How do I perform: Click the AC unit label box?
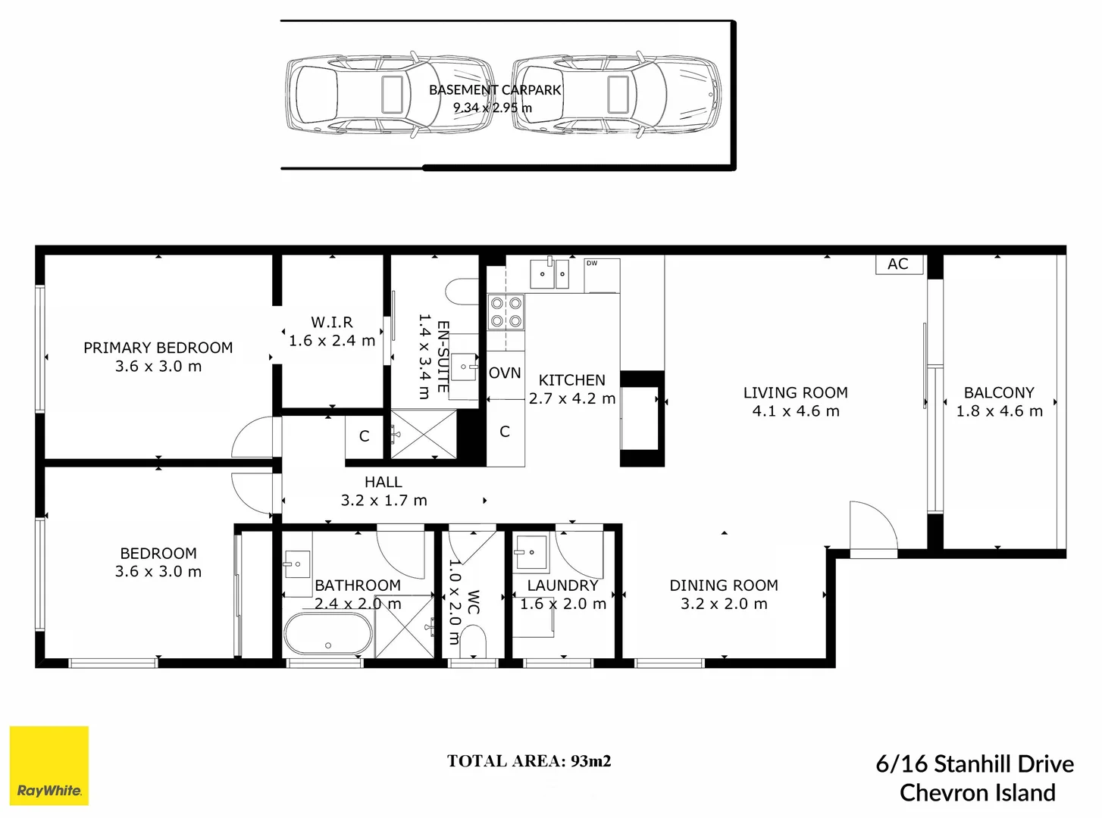click(898, 264)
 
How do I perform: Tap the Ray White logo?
click(49, 766)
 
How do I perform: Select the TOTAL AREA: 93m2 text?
click(528, 761)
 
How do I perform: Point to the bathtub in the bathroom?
click(328, 634)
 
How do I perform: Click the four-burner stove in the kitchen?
click(506, 311)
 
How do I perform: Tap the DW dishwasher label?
click(592, 264)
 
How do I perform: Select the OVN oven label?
click(505, 373)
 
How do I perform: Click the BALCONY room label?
click(999, 392)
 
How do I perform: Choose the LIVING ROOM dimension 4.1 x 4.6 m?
click(796, 411)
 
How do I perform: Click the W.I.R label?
click(332, 322)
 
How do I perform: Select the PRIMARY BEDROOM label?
click(158, 348)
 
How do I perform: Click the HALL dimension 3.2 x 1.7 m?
click(384, 501)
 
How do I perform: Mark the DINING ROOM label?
click(724, 585)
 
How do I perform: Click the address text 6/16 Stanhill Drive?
click(975, 763)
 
